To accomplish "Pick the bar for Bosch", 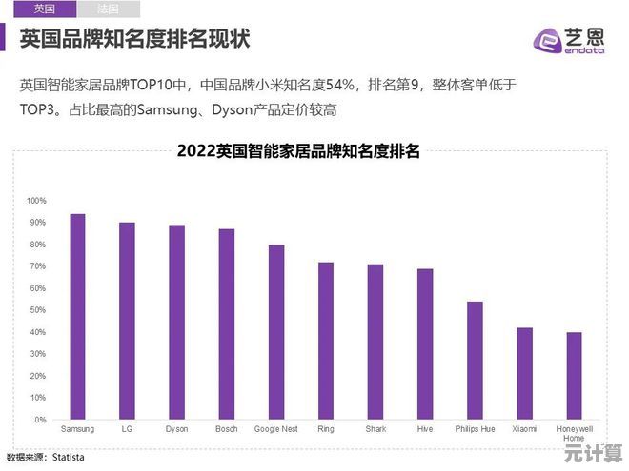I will coord(226,324).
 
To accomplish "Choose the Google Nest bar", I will coord(275,332).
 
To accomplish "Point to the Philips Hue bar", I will coord(475,361).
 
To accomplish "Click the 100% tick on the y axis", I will coord(36,201).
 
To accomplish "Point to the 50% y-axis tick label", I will coord(36,310).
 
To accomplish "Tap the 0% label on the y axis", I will coord(39,420).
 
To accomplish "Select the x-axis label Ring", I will coord(326,429).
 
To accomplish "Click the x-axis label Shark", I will coord(375,429).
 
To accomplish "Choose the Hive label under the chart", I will coord(425,429).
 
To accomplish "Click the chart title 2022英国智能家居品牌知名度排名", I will coord(298,150).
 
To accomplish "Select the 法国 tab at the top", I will coord(108,9).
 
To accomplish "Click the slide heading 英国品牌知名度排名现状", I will coord(134,40).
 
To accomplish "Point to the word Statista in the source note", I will coord(69,458).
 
